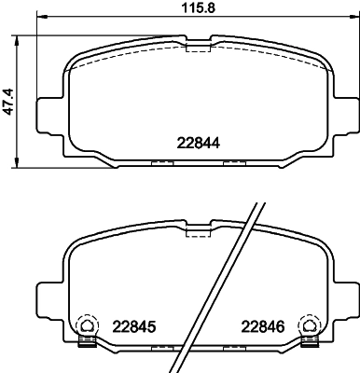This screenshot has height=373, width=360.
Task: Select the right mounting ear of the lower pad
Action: coord(346,298)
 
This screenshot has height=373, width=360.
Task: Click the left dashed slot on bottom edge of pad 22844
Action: coord(162,163)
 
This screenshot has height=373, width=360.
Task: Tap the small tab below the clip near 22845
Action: coord(87,341)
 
